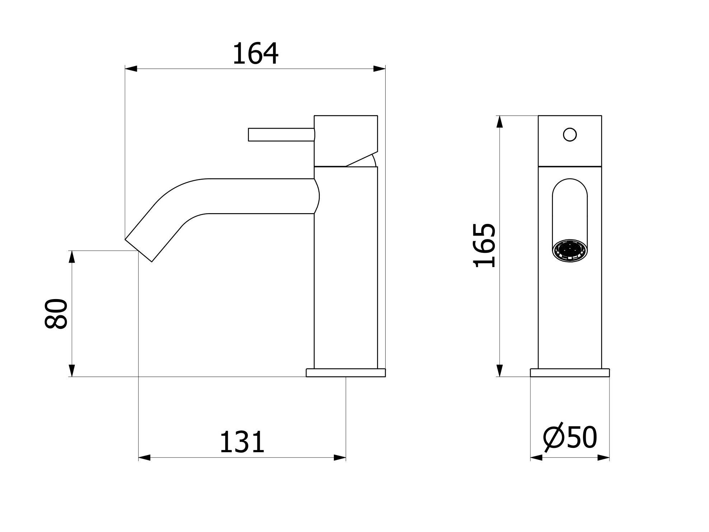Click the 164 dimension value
(x=255, y=54)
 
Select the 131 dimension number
(x=241, y=442)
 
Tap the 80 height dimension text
(x=56, y=313)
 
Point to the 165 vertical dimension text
(x=484, y=246)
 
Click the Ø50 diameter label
(x=570, y=438)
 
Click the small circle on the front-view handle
(x=570, y=135)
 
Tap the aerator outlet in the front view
(x=570, y=250)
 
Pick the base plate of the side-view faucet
(x=345, y=373)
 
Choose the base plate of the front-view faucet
(x=570, y=373)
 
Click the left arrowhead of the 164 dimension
(x=131, y=69)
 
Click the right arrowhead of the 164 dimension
(x=379, y=69)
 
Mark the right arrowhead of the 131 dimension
(x=340, y=458)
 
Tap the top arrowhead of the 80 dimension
(x=72, y=257)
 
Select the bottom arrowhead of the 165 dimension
(x=499, y=370)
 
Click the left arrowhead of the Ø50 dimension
(x=536, y=458)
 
